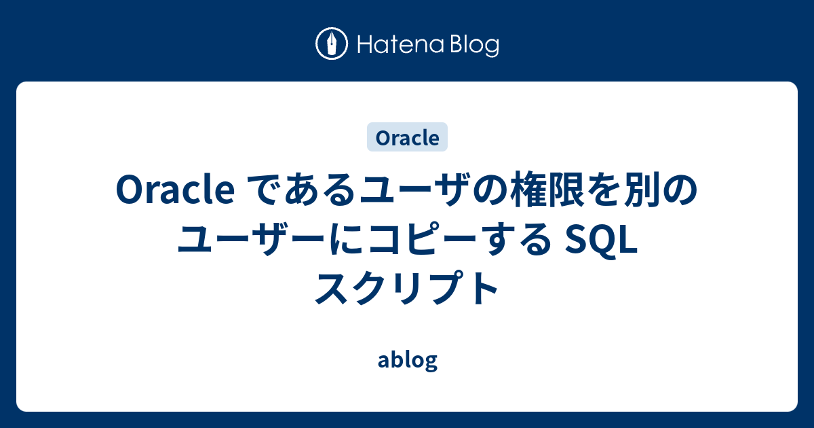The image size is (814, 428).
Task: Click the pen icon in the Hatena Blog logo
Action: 332,43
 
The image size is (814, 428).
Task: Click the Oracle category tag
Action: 408,137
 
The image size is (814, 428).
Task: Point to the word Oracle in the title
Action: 175,190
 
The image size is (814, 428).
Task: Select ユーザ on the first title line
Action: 414,190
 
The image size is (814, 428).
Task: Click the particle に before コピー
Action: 347,239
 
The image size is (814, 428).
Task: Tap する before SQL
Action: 517,239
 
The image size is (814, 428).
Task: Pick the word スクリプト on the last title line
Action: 407,288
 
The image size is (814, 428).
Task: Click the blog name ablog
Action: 408,360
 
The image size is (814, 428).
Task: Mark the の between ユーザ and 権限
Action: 488,190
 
